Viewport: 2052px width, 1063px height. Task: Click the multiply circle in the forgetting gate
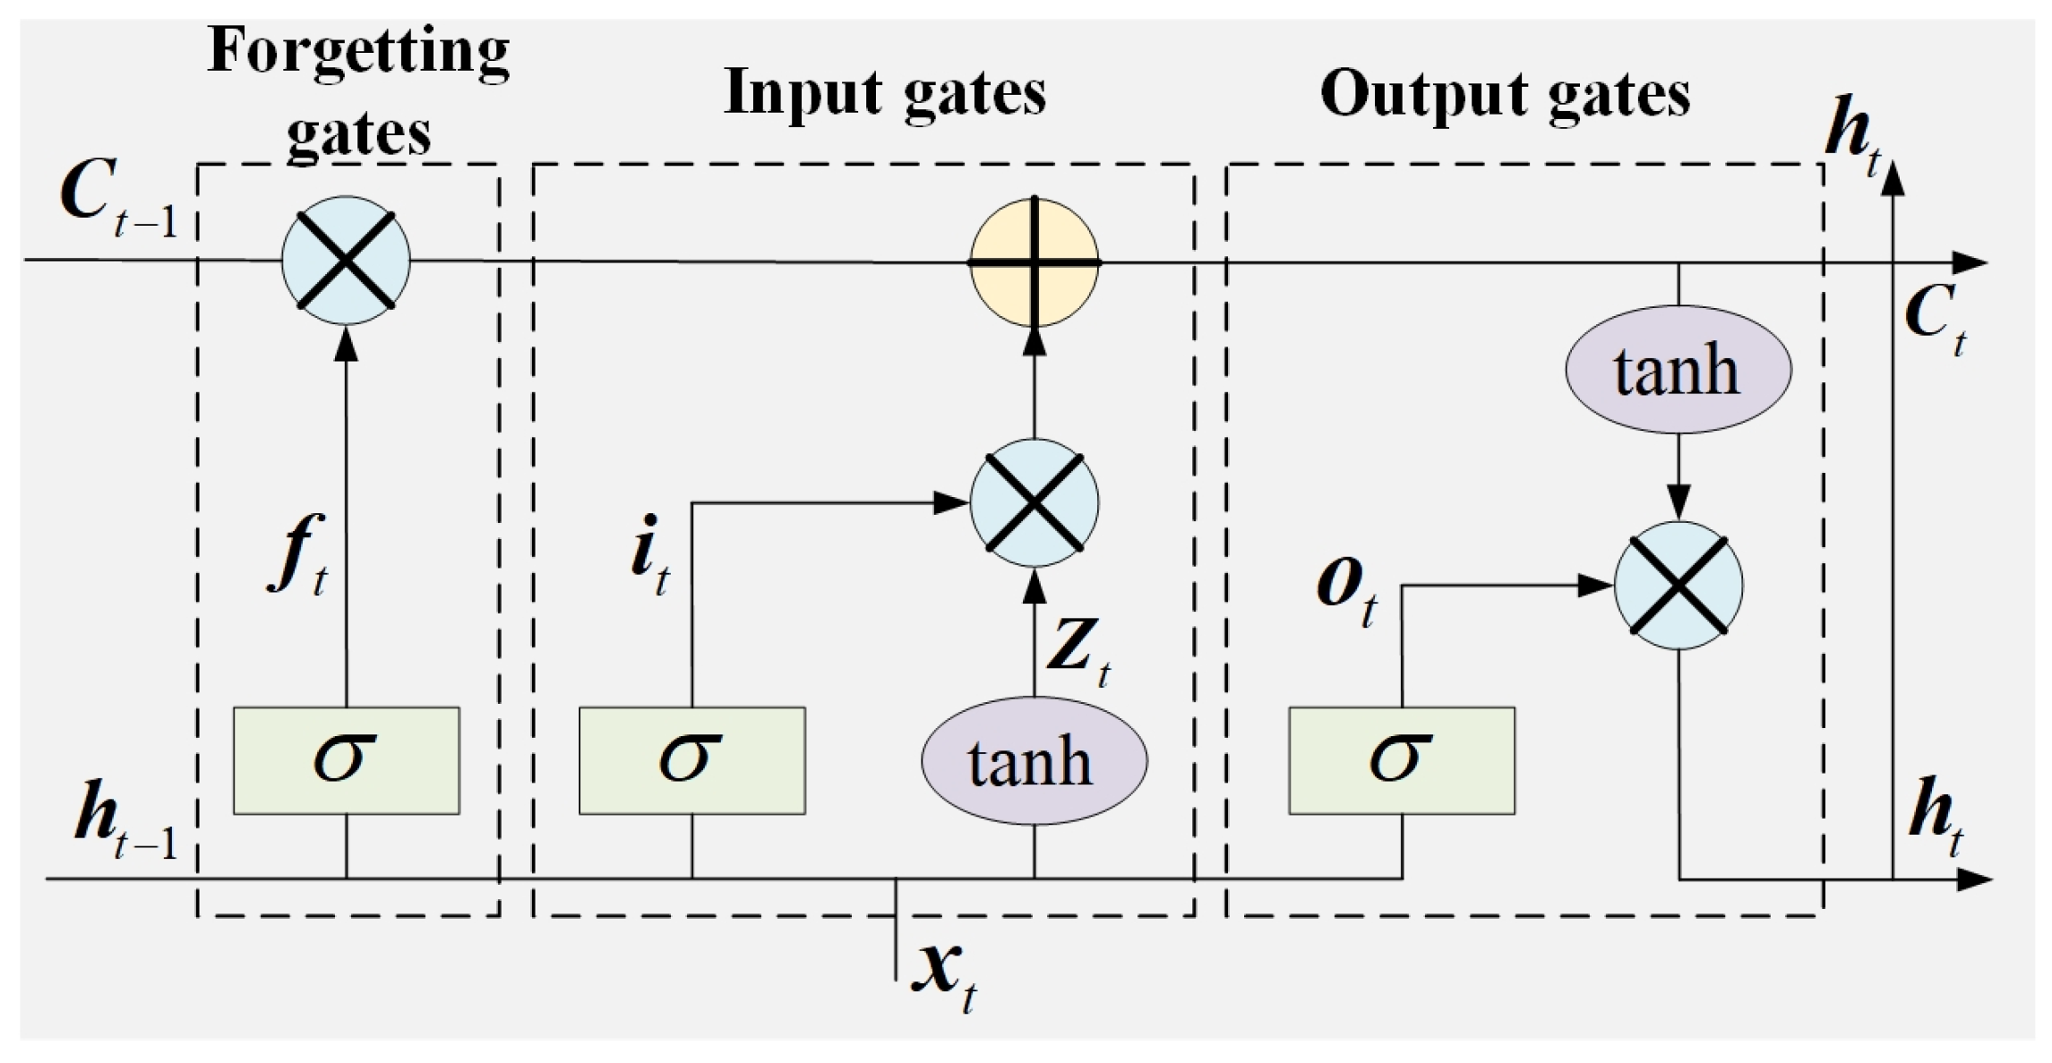coord(346,261)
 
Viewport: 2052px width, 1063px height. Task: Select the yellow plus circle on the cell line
coord(1035,262)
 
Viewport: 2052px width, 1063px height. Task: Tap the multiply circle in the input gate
coord(1035,503)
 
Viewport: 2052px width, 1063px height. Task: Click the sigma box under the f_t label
coord(346,760)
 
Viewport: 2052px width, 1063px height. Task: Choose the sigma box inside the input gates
coord(691,760)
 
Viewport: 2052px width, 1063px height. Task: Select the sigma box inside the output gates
coord(1402,760)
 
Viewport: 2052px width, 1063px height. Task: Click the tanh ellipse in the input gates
coord(1034,761)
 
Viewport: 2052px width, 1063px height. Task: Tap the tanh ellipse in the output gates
coord(1678,370)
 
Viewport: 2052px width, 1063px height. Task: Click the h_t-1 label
coord(125,819)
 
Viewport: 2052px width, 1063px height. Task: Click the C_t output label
coord(1935,318)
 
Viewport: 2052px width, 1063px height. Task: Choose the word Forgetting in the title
coord(358,52)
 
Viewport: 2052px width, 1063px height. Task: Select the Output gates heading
coord(1505,94)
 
